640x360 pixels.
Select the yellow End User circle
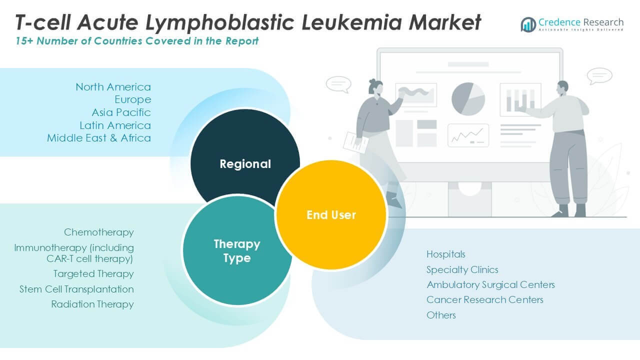pos(331,214)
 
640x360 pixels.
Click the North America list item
pos(113,87)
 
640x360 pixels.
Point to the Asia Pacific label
pos(121,112)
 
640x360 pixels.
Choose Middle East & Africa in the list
pos(99,138)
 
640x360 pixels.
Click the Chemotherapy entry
pos(99,232)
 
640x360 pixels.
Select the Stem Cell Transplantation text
pos(76,289)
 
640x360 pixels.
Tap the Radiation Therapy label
pos(92,304)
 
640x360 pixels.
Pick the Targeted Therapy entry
pos(93,273)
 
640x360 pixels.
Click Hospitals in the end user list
pos(446,254)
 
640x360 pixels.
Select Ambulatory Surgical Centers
pos(490,284)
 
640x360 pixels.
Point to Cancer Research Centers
pos(484,299)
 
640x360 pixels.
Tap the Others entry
pos(441,315)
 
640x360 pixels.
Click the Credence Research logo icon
pos(528,24)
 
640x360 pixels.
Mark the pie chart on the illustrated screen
pos(468,99)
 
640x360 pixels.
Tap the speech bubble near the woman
pos(338,83)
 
